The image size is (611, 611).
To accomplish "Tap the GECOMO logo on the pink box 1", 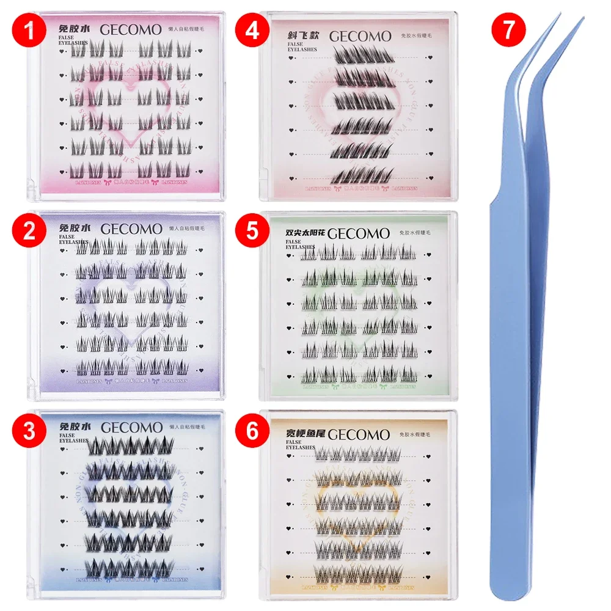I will [129, 29].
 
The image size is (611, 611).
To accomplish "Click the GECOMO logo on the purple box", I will [129, 229].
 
